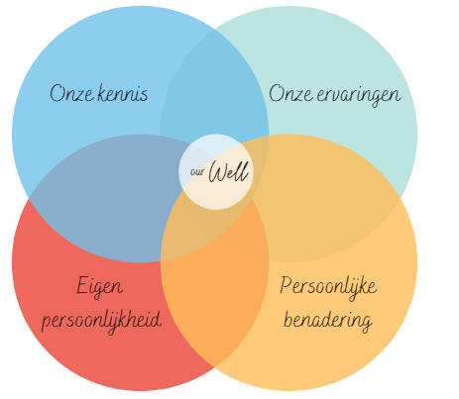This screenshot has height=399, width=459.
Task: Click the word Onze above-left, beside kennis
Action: click(x=71, y=93)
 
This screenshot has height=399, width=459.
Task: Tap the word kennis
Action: click(x=123, y=93)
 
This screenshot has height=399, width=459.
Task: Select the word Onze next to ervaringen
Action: click(x=290, y=93)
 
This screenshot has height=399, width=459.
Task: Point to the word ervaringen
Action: click(x=359, y=95)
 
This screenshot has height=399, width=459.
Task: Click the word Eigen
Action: click(x=99, y=287)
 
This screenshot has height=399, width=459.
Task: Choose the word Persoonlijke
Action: click(x=328, y=287)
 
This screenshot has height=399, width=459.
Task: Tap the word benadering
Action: click(x=328, y=321)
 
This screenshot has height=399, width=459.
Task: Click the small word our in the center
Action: click(x=196, y=172)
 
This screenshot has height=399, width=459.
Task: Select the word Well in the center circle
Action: click(x=228, y=171)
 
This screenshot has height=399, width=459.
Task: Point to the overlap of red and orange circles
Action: click(x=215, y=297)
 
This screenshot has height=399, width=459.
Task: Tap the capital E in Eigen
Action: click(x=82, y=285)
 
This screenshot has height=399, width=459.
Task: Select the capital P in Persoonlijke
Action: click(x=287, y=285)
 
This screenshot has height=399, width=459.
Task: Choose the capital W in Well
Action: click(x=218, y=172)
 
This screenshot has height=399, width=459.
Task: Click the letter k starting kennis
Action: click(x=103, y=93)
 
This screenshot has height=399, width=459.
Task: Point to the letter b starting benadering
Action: click(x=288, y=319)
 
